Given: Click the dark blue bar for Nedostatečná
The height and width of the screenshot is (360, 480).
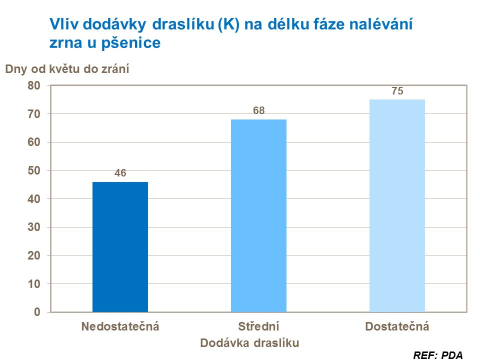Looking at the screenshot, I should pyautogui.click(x=120, y=247).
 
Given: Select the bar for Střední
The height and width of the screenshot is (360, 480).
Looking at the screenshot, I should pyautogui.click(x=258, y=215).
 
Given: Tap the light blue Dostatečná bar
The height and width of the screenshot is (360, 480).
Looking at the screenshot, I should pyautogui.click(x=397, y=205).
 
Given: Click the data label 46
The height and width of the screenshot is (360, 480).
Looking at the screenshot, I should pyautogui.click(x=120, y=173).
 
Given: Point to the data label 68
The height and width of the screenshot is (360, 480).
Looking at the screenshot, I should pyautogui.click(x=258, y=111).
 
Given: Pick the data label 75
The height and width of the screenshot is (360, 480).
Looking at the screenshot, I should pyautogui.click(x=397, y=91).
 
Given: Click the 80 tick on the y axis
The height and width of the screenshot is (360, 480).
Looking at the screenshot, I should pyautogui.click(x=33, y=85).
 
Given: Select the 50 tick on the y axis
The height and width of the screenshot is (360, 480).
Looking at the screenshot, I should pyautogui.click(x=33, y=170).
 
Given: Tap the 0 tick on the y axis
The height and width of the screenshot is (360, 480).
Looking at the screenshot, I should pyautogui.click(x=37, y=312).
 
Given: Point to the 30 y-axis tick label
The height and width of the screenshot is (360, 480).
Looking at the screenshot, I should pyautogui.click(x=33, y=227).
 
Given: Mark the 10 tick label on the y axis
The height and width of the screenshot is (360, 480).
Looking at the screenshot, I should pyautogui.click(x=33, y=284).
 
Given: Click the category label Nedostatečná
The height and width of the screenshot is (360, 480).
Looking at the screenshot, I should pyautogui.click(x=120, y=327).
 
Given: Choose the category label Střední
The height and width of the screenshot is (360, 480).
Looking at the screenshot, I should pyautogui.click(x=258, y=327).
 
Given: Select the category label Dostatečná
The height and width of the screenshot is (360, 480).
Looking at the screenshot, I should pyautogui.click(x=397, y=327).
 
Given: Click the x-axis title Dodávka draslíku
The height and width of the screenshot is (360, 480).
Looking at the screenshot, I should pyautogui.click(x=249, y=343).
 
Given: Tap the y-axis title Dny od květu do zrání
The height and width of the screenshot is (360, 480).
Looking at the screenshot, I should pyautogui.click(x=67, y=69).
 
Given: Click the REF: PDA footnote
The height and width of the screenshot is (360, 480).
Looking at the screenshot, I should pyautogui.click(x=438, y=355).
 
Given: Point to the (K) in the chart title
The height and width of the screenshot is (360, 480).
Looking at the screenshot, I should pyautogui.click(x=228, y=23).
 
